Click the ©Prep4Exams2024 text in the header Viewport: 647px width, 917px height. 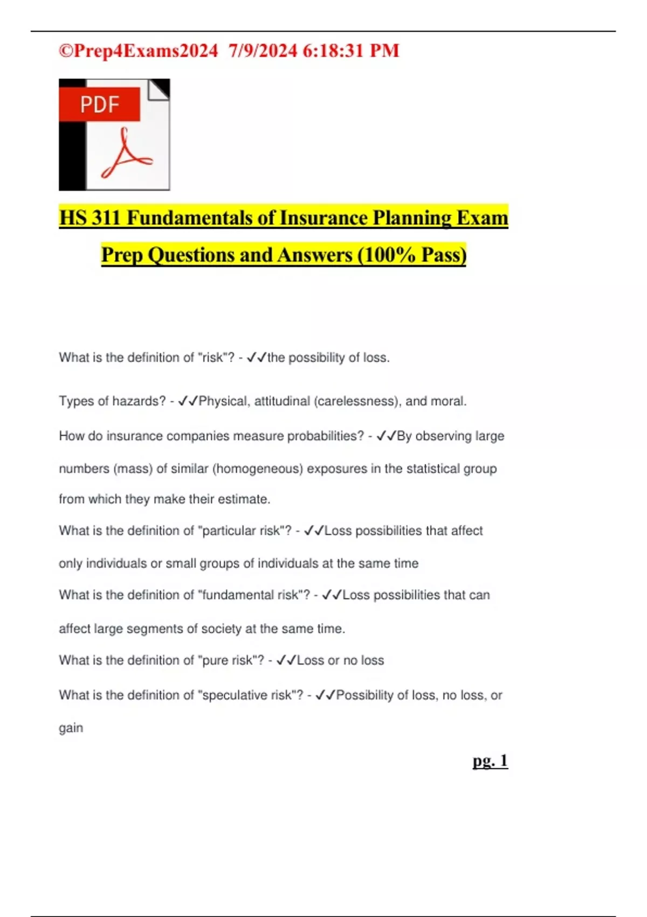pyautogui.click(x=138, y=51)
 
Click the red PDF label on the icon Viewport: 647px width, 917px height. pyautogui.click(x=100, y=104)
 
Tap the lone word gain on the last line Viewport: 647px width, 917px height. pyautogui.click(x=71, y=728)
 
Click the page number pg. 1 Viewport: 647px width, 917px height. pyautogui.click(x=490, y=761)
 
